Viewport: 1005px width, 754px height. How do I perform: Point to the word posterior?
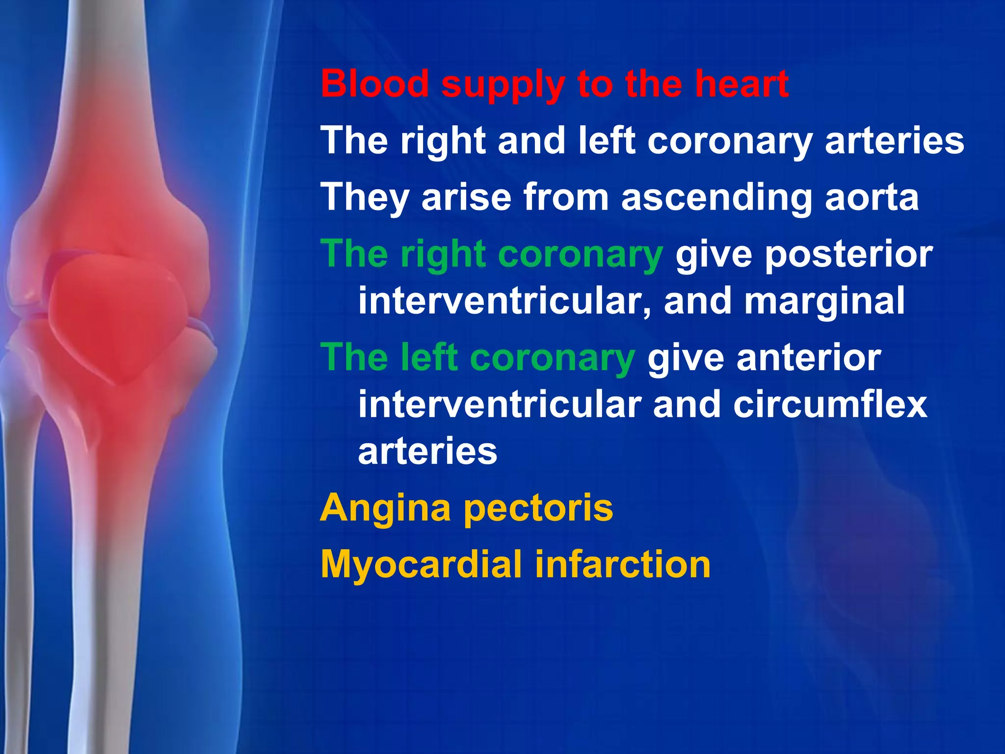848,255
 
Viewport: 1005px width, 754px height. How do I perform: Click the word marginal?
824,302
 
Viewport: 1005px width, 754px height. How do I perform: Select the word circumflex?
830,404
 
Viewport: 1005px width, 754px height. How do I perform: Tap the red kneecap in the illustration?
118,314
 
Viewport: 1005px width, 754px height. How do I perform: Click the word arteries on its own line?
427,452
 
